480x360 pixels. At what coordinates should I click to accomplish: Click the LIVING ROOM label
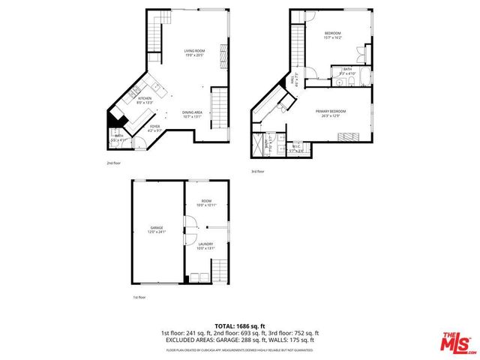[194, 50]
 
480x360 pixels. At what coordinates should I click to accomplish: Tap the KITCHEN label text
[145, 98]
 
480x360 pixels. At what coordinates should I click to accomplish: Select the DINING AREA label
[192, 112]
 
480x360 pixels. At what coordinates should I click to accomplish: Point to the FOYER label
[154, 126]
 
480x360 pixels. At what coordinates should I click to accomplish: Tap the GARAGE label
[157, 227]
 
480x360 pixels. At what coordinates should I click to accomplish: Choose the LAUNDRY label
[205, 244]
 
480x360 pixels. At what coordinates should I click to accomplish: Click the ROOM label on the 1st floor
[205, 201]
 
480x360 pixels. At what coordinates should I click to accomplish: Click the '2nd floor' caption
[112, 163]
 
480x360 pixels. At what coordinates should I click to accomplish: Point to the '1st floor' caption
[139, 298]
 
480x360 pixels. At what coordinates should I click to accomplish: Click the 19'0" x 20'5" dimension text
[194, 55]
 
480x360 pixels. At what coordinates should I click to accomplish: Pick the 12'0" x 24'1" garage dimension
[157, 232]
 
